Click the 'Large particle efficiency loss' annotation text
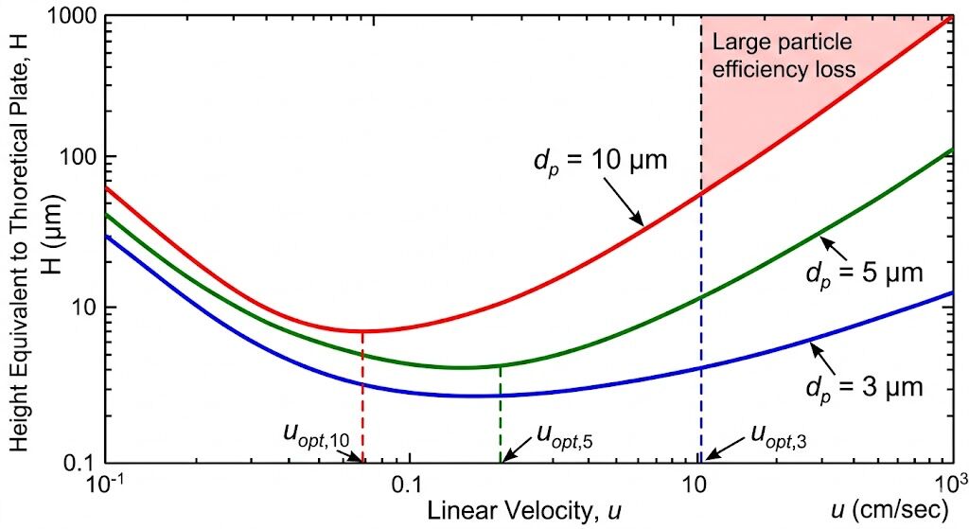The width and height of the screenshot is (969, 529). [x=784, y=55]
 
